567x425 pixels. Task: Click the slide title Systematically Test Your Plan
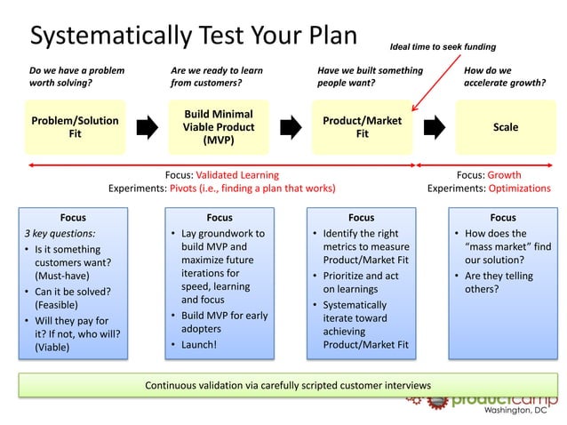coord(193,35)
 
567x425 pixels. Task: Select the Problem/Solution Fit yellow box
coord(75,127)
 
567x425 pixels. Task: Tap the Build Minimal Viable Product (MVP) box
coord(219,127)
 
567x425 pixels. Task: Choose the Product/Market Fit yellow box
coord(362,127)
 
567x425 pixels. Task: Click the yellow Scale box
coord(505,127)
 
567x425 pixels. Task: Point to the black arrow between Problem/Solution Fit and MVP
coord(147,127)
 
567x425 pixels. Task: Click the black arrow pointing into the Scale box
coord(435,127)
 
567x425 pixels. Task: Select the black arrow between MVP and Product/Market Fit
coord(291,127)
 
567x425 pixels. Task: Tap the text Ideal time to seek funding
coord(443,46)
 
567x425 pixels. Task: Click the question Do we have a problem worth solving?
coord(76,76)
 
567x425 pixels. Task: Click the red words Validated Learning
coord(236,175)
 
